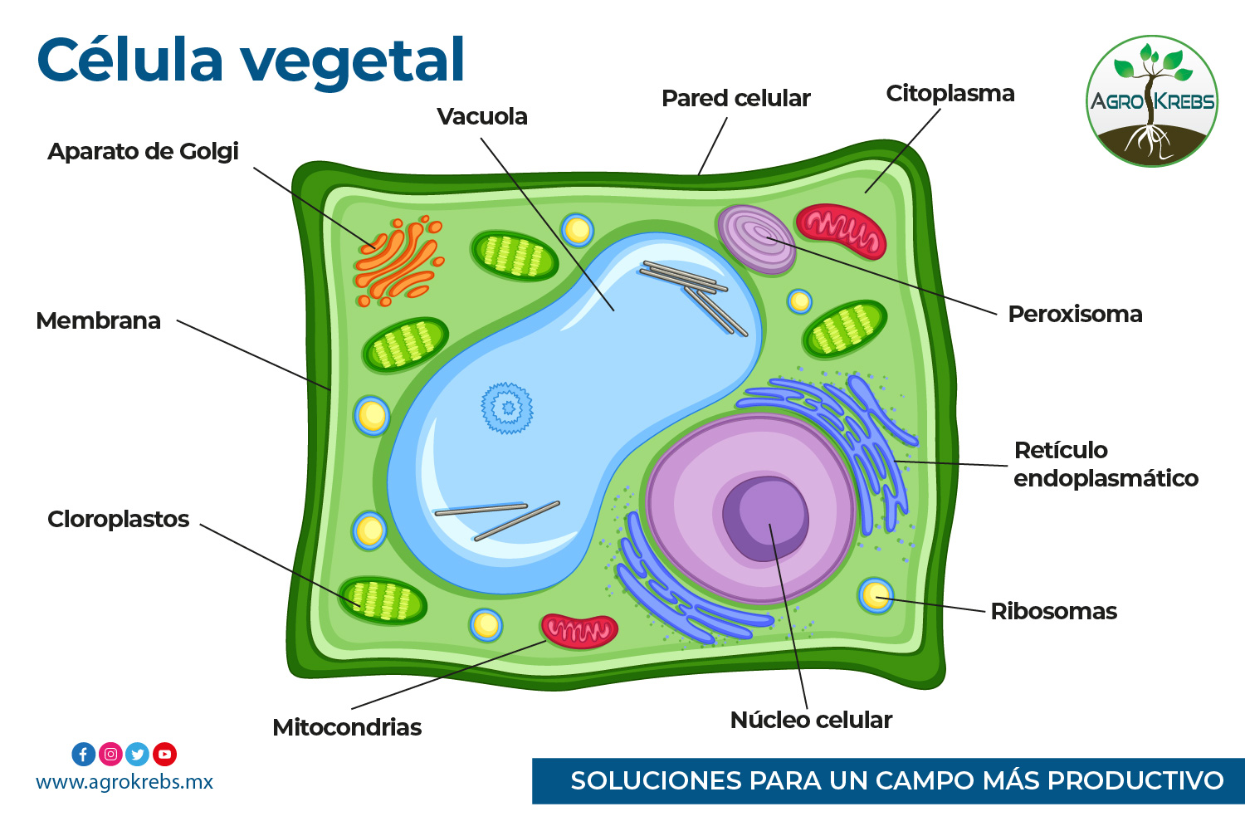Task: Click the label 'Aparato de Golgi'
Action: click(143, 152)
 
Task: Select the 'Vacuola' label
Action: click(482, 117)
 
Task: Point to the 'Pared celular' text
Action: click(736, 99)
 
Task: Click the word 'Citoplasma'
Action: click(950, 94)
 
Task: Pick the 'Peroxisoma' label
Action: click(1076, 315)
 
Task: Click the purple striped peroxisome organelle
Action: click(756, 240)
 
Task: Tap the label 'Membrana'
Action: click(99, 320)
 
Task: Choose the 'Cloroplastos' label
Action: click(119, 519)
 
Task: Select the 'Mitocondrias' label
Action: click(347, 727)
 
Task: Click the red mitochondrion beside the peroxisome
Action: click(841, 231)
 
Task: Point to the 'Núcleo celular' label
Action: click(811, 720)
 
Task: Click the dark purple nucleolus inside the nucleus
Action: click(765, 519)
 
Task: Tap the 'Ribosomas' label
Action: click(1054, 612)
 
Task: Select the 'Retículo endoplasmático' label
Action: click(1106, 464)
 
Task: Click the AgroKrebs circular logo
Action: click(1152, 100)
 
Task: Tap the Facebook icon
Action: click(83, 755)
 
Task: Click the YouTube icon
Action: click(164, 755)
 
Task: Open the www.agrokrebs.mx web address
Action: click(124, 782)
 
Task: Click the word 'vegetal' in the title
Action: click(352, 62)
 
